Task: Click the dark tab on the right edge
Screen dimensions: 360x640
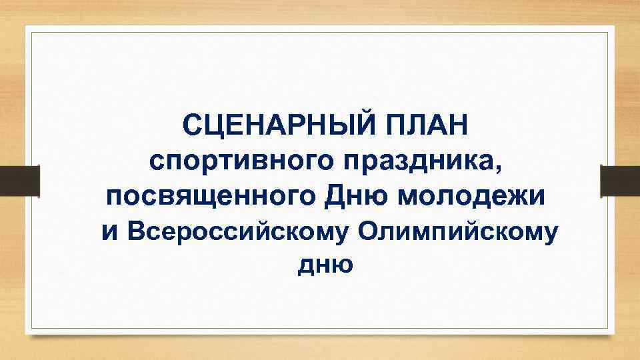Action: (x=619, y=181)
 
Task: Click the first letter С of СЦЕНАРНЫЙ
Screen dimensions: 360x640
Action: (x=193, y=125)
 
